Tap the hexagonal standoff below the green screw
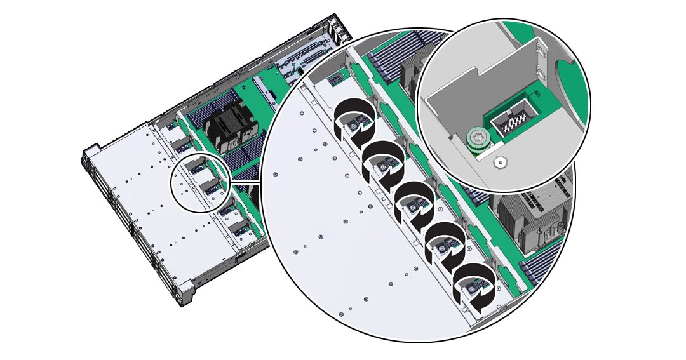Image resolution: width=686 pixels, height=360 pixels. [x=501, y=163]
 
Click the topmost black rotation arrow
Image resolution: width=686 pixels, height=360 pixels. [x=354, y=121]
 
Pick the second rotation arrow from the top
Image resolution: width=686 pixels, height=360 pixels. [x=384, y=161]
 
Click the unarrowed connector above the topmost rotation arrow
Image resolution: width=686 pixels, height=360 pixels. [x=335, y=79]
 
